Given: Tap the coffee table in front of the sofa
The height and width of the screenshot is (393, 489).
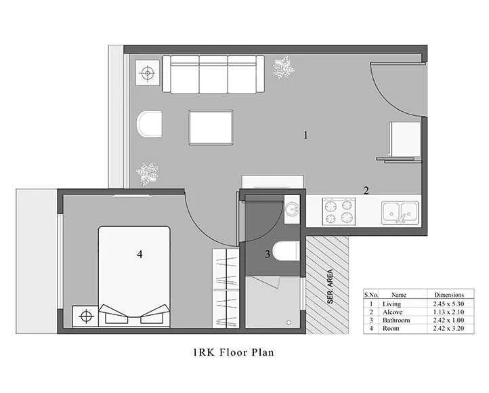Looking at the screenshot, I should pyautogui.click(x=211, y=127).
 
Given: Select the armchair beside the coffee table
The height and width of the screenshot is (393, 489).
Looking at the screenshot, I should pyautogui.click(x=150, y=125).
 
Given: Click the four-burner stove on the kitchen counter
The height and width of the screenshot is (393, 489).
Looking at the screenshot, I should pyautogui.click(x=338, y=210).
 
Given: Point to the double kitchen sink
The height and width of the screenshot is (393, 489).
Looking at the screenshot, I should pyautogui.click(x=401, y=212).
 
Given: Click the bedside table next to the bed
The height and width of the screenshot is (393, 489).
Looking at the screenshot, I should pyautogui.click(x=85, y=315).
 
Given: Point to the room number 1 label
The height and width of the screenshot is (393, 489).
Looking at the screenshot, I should pyautogui.click(x=305, y=136).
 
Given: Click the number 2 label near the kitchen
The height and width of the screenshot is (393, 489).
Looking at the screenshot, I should pyautogui.click(x=366, y=190).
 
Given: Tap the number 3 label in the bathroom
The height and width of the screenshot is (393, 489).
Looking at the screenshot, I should pyautogui.click(x=268, y=255).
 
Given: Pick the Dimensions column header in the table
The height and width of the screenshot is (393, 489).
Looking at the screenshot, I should pyautogui.click(x=449, y=295).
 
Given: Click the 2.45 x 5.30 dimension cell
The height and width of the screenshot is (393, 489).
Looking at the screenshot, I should pyautogui.click(x=449, y=304).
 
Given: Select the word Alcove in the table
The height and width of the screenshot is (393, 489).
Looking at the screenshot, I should pyautogui.click(x=394, y=312).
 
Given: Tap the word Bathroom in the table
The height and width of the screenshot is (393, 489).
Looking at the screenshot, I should pyautogui.click(x=397, y=320).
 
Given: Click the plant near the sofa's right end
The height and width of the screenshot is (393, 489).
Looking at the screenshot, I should pyautogui.click(x=283, y=67).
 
